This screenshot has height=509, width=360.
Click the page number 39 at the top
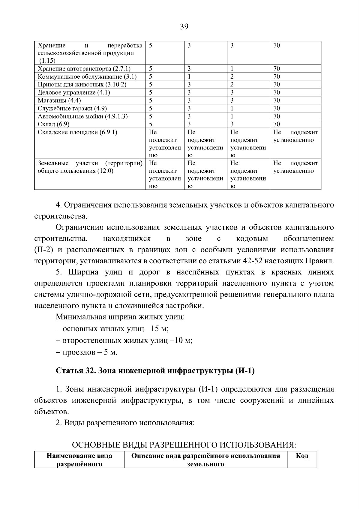pos(184,27)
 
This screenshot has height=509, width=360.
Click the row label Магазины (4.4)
pos(59,100)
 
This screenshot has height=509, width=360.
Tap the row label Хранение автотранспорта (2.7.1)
pos(84,69)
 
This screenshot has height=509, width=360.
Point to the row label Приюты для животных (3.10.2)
pos(82,85)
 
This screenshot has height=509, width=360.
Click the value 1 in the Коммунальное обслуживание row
pos(189,76)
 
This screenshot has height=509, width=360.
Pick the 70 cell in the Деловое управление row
pos(277,92)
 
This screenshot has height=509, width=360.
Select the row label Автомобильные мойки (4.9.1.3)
pos(82,116)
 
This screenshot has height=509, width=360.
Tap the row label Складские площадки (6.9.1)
pos(77,132)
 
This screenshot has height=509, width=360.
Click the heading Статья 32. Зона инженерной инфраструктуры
pos(155,371)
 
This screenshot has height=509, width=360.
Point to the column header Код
pos(302,456)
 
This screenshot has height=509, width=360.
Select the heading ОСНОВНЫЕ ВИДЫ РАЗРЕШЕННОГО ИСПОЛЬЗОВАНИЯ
pos(184,445)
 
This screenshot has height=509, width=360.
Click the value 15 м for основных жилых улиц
pos(159,329)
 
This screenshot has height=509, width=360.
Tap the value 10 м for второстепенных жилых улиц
pos(182,340)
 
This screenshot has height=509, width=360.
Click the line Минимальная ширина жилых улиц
pos(120,317)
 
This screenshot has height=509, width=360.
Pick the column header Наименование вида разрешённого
pos(79,460)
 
